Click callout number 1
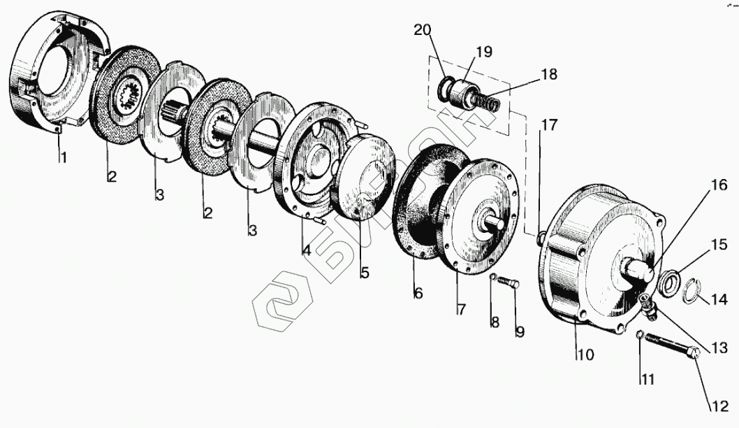coord(63,158)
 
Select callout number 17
coord(550,126)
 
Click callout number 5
coord(364,273)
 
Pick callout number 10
coord(585,355)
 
